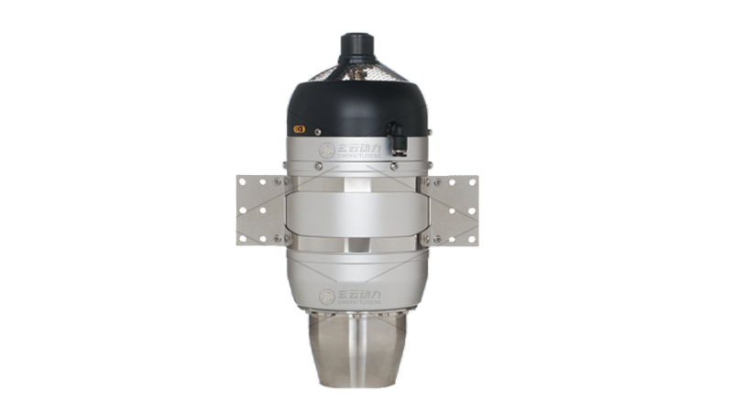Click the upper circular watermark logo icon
pos(326,151)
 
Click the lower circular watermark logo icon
pos(326,296)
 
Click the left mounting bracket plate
pos(259,209)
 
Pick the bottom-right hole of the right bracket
pos(472,237)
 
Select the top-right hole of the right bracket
pos(472,181)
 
